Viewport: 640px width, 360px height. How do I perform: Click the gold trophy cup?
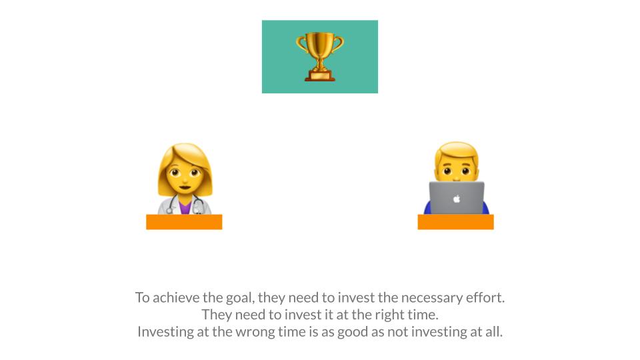point(319,56)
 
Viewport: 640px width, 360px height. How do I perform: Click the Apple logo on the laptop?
point(457,199)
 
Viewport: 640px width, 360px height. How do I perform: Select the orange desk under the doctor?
point(184,221)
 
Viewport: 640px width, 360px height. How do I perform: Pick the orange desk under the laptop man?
point(455,221)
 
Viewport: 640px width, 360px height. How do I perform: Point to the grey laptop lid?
point(457,198)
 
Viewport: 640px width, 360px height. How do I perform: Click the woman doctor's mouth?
point(185,188)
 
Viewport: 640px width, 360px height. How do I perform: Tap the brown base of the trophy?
point(319,76)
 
